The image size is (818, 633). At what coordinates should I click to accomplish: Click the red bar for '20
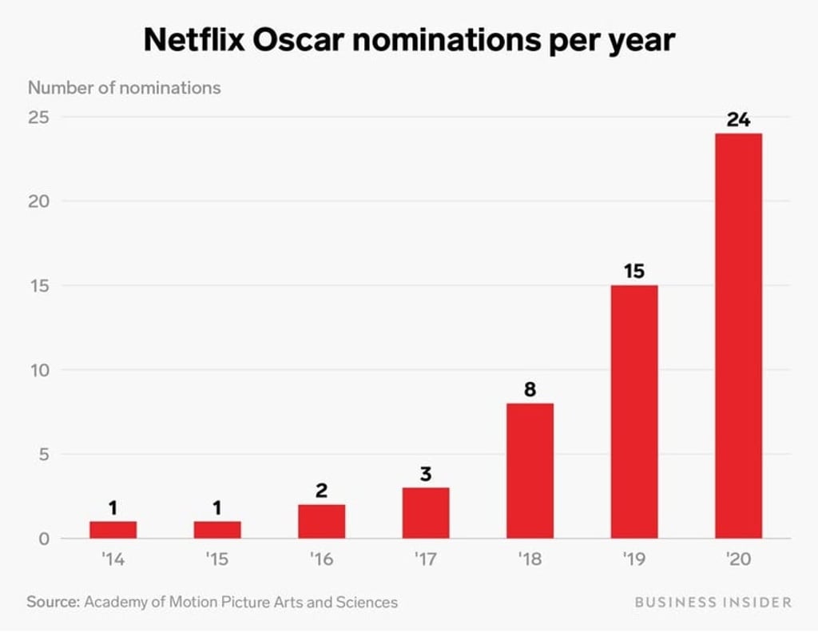738,336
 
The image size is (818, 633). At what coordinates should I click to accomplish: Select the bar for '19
633,412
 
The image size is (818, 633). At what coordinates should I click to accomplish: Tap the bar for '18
530,471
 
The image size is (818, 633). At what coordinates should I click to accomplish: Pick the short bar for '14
113,530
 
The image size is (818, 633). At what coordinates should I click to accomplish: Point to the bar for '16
321,521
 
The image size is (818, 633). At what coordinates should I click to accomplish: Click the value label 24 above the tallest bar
738,120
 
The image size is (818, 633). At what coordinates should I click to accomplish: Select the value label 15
633,271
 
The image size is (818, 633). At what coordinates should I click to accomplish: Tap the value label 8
530,390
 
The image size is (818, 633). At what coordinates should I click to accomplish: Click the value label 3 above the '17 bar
426,474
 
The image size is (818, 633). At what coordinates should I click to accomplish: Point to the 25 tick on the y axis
39,117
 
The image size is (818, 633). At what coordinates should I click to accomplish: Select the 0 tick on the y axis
45,539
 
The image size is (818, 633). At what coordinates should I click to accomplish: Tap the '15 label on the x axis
216,559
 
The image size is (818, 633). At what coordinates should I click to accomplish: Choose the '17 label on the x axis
425,559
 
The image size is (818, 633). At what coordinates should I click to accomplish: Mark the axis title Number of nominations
125,88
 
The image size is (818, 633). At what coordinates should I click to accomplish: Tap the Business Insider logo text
713,602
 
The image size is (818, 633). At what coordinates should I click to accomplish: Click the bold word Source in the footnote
53,602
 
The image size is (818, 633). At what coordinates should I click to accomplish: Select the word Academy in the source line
116,602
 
